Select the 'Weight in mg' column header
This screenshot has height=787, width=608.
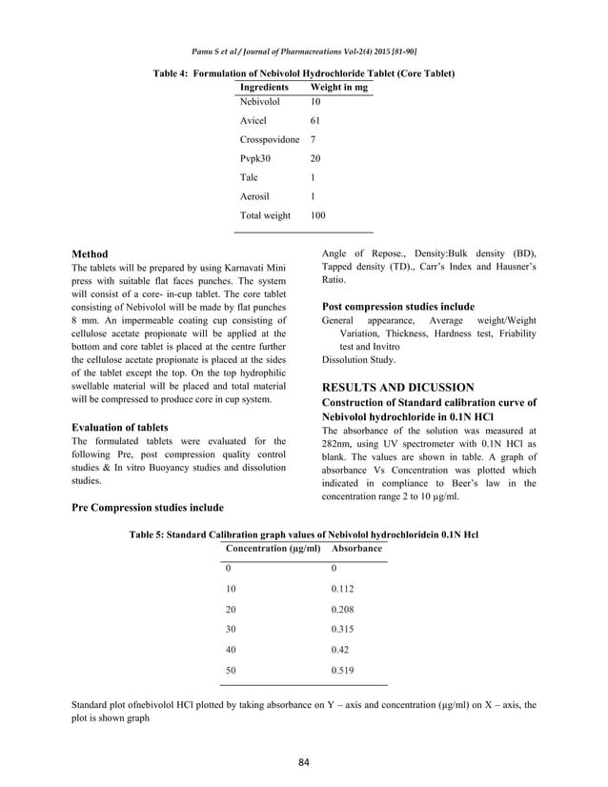click(x=338, y=86)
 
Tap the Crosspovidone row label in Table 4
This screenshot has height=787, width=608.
click(x=270, y=140)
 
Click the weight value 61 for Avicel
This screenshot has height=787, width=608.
click(x=316, y=120)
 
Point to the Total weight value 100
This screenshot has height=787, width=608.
click(x=317, y=216)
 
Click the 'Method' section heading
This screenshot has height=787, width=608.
click(x=90, y=254)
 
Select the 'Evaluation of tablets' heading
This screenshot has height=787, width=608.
click(x=121, y=427)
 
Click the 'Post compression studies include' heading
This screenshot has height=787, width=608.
click(x=398, y=307)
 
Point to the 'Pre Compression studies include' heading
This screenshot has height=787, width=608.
click(x=148, y=507)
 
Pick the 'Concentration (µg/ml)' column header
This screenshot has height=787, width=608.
click(x=273, y=550)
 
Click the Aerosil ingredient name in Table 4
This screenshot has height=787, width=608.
click(x=254, y=197)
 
